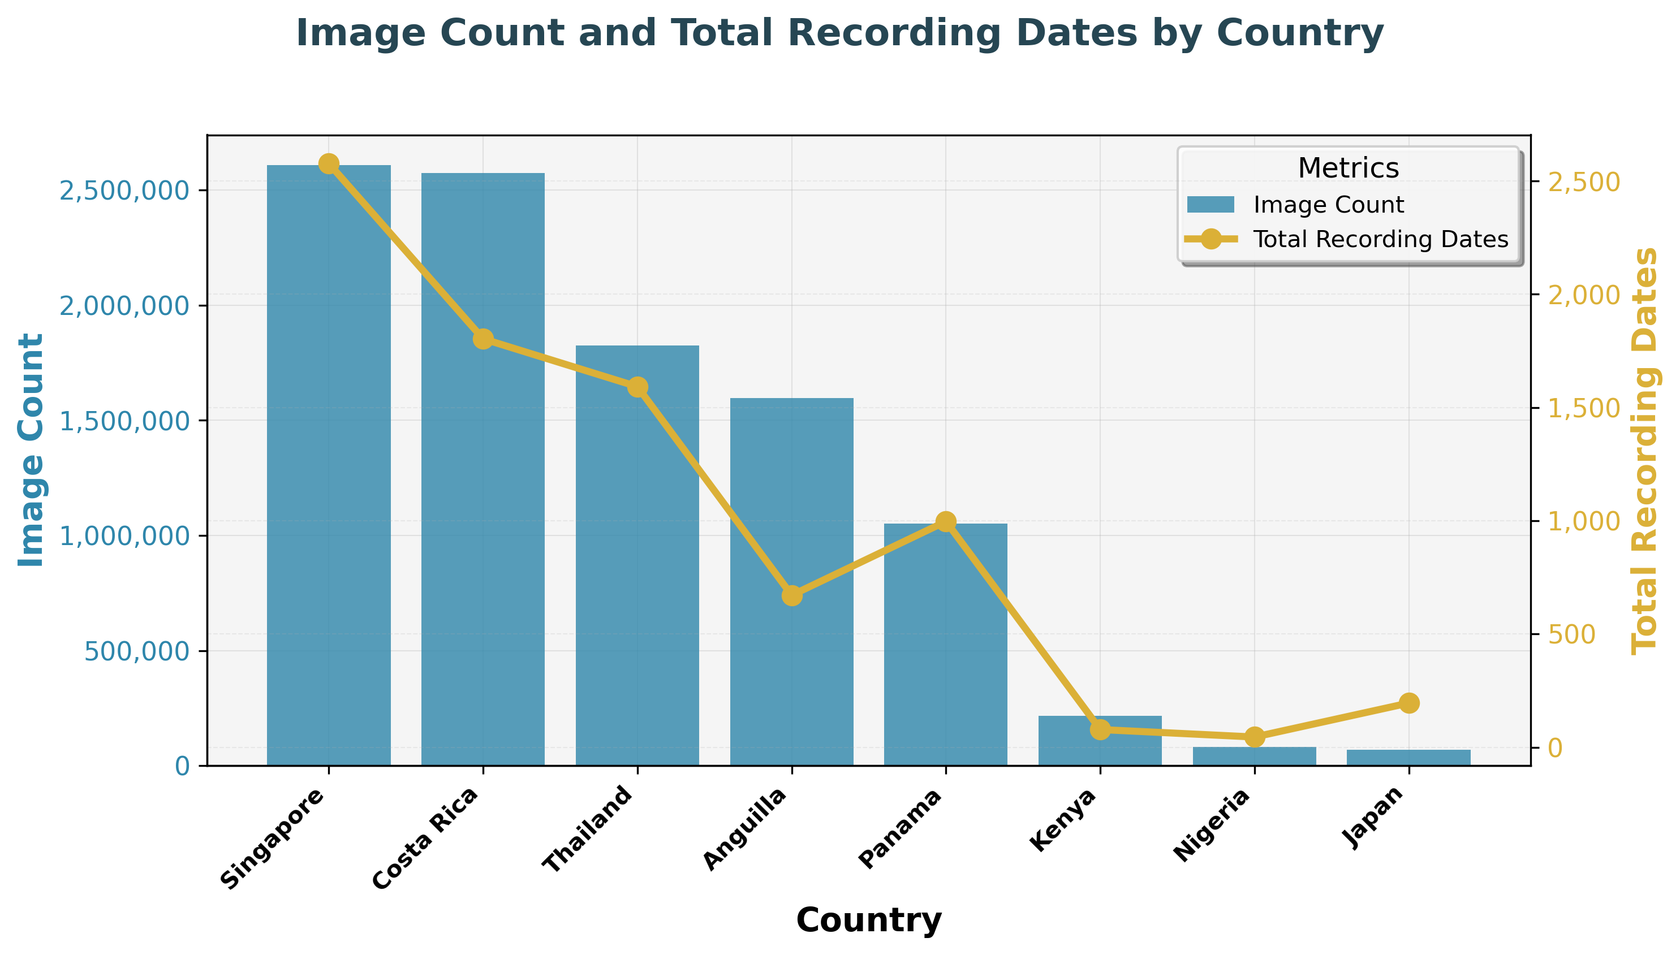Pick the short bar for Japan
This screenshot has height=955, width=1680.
pyautogui.click(x=1408, y=758)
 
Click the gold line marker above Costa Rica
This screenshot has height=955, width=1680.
pyautogui.click(x=483, y=339)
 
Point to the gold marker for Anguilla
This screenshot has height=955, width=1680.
pyautogui.click(x=792, y=595)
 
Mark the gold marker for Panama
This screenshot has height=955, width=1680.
pyautogui.click(x=945, y=521)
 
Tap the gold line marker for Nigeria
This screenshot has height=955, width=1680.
pyautogui.click(x=1254, y=737)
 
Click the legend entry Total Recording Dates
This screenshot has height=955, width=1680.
pyautogui.click(x=1380, y=239)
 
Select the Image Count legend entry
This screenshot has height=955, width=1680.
pyautogui.click(x=1328, y=205)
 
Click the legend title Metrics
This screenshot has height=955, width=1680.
pyautogui.click(x=1347, y=168)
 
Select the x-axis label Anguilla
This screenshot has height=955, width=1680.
pyautogui.click(x=745, y=829)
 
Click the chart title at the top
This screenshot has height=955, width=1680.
pyautogui.click(x=839, y=33)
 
